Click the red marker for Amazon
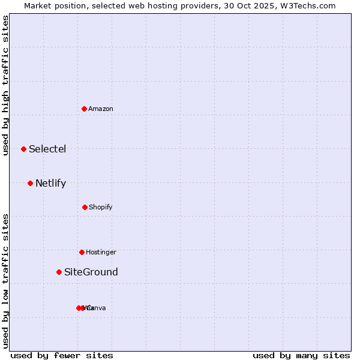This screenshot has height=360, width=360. [x=85, y=109]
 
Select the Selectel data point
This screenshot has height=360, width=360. [x=23, y=149]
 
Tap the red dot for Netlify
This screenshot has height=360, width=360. [x=30, y=183]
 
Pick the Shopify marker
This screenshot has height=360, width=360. [x=85, y=207]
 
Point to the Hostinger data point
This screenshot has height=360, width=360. [x=82, y=252]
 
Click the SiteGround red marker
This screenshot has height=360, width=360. [x=59, y=272]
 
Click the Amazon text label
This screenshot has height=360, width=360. [x=101, y=109]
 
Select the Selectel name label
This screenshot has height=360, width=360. [x=47, y=149]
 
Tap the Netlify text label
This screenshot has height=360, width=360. [x=50, y=183]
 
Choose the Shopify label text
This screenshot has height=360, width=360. [x=101, y=207]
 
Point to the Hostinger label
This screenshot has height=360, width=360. [x=101, y=252]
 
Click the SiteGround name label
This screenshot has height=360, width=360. [x=91, y=272]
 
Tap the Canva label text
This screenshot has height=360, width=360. [x=97, y=308]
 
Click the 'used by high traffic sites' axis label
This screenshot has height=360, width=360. [x=6, y=85]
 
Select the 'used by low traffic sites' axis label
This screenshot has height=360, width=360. [x=6, y=281]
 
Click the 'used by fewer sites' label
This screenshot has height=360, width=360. [x=62, y=355]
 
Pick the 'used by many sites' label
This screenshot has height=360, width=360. [x=301, y=355]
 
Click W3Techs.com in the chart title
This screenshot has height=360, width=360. [x=310, y=5]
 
